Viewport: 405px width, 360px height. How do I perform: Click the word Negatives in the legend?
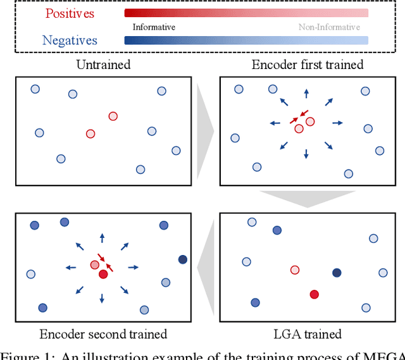pos(70,40)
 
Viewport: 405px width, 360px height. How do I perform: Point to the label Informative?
pos(154,27)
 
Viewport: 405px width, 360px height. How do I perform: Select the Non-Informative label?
pos(329,27)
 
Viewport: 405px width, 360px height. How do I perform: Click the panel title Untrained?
pos(103,65)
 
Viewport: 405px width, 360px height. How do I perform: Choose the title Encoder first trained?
pos(307,65)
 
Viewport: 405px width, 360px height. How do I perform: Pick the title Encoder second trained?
pos(103,334)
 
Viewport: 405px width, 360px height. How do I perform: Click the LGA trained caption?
pos(307,334)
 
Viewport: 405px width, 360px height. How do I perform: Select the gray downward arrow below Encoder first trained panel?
pos(307,199)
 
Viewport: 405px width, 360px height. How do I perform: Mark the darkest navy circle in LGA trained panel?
pos(337,273)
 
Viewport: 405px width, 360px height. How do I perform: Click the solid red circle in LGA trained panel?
pos(314,294)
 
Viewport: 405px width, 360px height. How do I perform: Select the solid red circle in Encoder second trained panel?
pos(103,274)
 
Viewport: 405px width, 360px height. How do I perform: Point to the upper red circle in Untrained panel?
pos(113,116)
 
